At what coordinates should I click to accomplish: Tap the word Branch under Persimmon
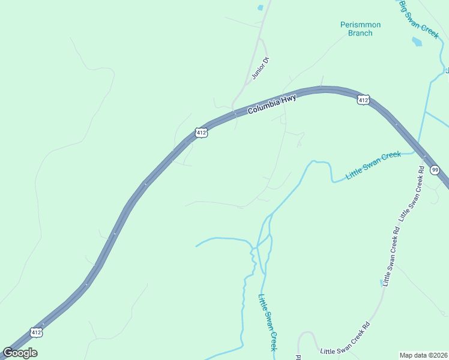click(x=360, y=33)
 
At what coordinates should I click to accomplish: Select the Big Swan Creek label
click(x=419, y=20)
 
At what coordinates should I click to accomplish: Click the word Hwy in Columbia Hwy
click(x=291, y=99)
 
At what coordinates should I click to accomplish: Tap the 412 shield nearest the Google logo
click(x=37, y=332)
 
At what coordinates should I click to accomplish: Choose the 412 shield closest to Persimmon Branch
click(x=363, y=100)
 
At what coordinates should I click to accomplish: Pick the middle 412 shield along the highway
click(x=202, y=133)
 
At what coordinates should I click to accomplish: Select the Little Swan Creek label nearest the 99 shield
click(x=373, y=166)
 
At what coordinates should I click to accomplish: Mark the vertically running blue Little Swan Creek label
click(x=268, y=322)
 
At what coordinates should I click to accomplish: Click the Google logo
click(x=20, y=352)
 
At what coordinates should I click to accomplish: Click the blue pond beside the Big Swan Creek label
click(x=417, y=42)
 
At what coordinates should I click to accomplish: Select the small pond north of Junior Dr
click(x=260, y=8)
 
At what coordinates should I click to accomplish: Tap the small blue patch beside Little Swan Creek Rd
click(x=381, y=280)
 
